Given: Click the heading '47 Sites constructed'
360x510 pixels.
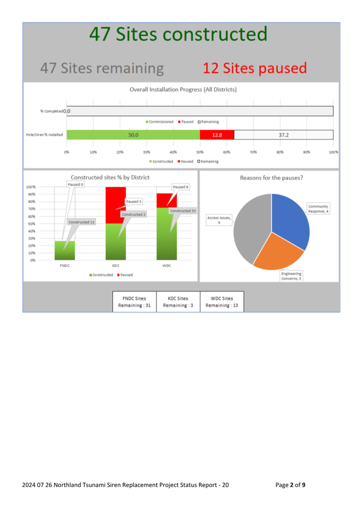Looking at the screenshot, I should point(178,34).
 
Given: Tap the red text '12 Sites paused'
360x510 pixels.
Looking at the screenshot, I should point(254,68).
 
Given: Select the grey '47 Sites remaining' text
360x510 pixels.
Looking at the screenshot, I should point(102,69).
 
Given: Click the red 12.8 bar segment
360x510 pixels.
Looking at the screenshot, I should point(217,135).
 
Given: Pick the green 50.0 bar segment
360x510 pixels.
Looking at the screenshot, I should point(133,135).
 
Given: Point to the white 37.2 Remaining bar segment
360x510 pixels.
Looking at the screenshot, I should point(283,135).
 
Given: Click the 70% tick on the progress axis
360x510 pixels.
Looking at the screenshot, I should point(253,152).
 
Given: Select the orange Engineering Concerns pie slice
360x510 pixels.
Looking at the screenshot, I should point(277,253).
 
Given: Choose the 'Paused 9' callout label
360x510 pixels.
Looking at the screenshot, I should point(181,187).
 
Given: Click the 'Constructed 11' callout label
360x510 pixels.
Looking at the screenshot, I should point(82,222).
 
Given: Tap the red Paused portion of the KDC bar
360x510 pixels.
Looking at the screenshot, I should point(115,205).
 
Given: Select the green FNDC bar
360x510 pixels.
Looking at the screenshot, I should point(64,250).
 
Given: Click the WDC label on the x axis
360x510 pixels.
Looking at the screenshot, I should point(166,266).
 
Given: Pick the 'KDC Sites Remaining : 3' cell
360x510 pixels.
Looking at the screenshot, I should point(178,302).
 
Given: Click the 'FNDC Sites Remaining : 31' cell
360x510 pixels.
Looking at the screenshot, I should point(134,302).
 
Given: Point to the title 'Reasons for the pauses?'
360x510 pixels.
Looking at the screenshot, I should point(271,178).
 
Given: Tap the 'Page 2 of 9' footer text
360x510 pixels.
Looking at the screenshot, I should point(290,485).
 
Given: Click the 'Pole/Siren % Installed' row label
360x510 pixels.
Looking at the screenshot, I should point(44,135).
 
